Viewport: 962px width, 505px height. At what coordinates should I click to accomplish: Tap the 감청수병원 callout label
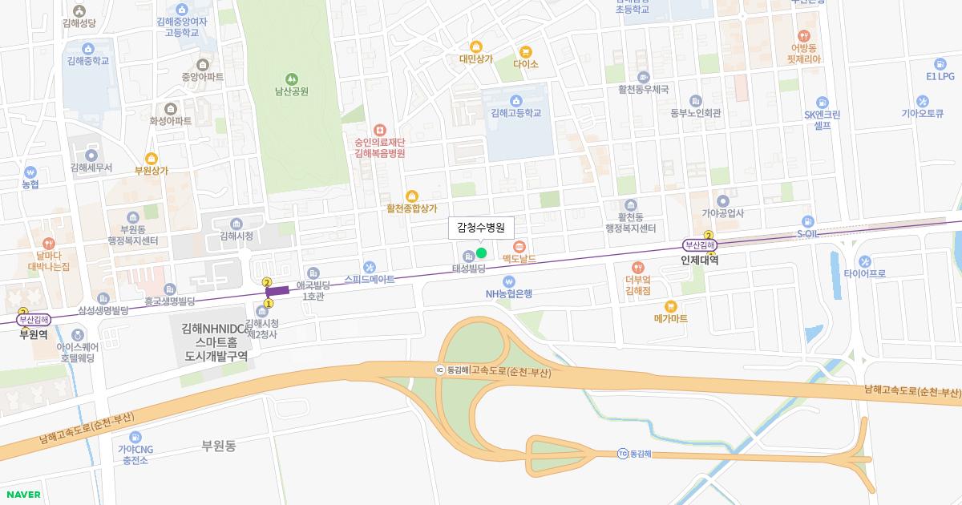click(480, 228)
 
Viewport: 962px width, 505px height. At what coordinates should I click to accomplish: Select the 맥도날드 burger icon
click(519, 246)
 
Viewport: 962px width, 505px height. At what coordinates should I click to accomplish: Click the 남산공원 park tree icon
click(291, 79)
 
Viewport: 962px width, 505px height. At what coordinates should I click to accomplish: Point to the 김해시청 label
click(236, 236)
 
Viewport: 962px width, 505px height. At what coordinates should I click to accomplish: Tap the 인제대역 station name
click(699, 260)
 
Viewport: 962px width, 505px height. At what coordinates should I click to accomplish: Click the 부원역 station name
click(33, 334)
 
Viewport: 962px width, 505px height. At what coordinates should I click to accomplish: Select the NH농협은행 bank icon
click(509, 281)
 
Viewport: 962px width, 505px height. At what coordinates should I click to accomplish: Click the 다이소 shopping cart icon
click(526, 51)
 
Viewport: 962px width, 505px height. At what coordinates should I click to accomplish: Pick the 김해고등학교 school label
click(516, 113)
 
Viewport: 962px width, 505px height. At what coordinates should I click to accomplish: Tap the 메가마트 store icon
click(671, 305)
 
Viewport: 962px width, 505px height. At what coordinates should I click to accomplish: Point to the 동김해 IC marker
click(439, 370)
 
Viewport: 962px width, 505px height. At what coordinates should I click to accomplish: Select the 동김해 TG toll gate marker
click(622, 454)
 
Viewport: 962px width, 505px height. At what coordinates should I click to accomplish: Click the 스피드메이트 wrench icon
click(370, 267)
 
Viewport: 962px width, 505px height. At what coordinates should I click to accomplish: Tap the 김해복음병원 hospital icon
click(380, 129)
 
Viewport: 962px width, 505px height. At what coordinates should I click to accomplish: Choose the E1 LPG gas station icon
click(940, 64)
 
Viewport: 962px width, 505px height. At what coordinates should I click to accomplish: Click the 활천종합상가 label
click(412, 208)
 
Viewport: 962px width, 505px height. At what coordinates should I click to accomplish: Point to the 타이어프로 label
click(864, 273)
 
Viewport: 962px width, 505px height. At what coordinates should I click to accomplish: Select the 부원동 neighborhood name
click(219, 446)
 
